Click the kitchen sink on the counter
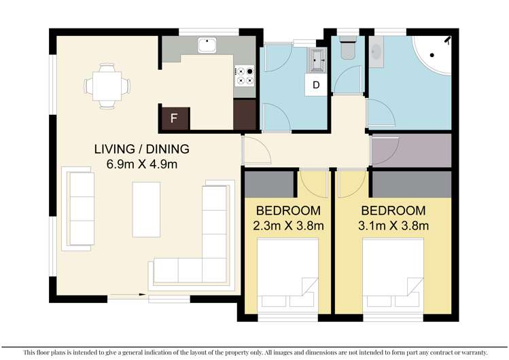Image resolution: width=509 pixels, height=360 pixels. (x=207, y=46)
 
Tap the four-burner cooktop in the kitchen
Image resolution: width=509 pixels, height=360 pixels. (x=244, y=75)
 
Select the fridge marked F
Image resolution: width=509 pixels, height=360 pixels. (x=174, y=118)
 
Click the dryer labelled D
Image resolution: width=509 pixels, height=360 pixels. (x=316, y=85)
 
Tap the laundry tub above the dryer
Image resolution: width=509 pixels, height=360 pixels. (x=317, y=60)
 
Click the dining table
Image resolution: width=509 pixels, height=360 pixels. (x=107, y=86)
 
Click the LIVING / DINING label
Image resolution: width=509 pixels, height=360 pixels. (x=141, y=149)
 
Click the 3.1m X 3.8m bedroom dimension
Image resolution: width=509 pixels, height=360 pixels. (x=393, y=226)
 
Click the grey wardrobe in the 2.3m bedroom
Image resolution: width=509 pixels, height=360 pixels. (x=268, y=183)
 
